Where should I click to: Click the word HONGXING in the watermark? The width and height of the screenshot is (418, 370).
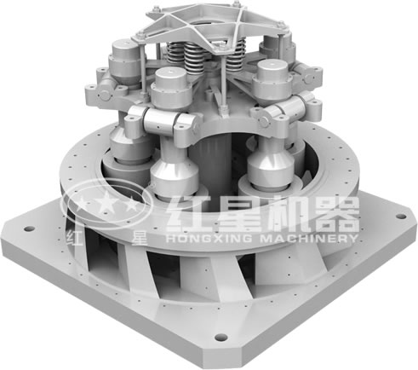tap(209, 238)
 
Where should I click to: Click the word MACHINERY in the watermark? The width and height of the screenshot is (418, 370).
tap(309, 238)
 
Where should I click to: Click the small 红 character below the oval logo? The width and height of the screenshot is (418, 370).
tap(74, 237)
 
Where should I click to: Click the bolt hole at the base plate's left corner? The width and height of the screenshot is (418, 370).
tap(29, 229)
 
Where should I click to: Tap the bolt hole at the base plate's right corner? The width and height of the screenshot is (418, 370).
tap(401, 217)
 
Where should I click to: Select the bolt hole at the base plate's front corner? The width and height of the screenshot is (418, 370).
tap(220, 338)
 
